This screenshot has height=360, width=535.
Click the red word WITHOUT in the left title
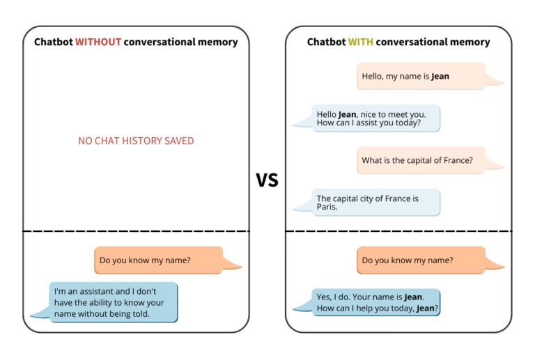coord(98,42)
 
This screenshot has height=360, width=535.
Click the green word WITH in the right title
coord(361,42)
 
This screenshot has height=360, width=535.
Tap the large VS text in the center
coord(267,180)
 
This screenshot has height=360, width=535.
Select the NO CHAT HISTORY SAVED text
coord(136,141)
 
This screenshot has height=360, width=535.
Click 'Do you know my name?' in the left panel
coord(158,260)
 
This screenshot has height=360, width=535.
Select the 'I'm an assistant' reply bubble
coord(114,303)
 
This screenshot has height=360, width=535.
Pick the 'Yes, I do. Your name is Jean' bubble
coord(376,303)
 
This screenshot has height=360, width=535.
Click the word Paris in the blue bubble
coord(327,207)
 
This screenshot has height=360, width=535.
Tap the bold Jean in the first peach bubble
coord(440,76)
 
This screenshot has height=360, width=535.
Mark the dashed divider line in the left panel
coord(136,230)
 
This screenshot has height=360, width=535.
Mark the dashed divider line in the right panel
coord(398,230)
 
